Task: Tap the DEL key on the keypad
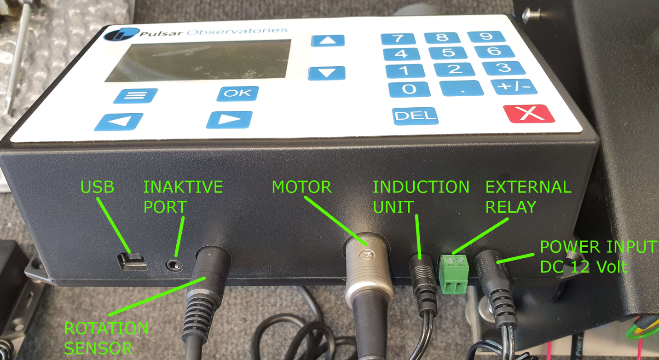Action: [x=415, y=116]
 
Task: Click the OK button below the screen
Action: [x=238, y=93]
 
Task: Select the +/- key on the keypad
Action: [x=514, y=87]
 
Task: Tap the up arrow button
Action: [x=328, y=41]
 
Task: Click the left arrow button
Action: [x=119, y=122]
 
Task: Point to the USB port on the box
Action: [x=132, y=261]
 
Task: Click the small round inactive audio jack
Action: [x=174, y=266]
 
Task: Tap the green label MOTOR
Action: [x=302, y=187]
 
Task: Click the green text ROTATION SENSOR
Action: [x=106, y=338]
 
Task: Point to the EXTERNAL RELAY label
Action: [x=528, y=197]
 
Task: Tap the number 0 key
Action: [x=409, y=89]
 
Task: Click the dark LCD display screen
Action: [x=198, y=60]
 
